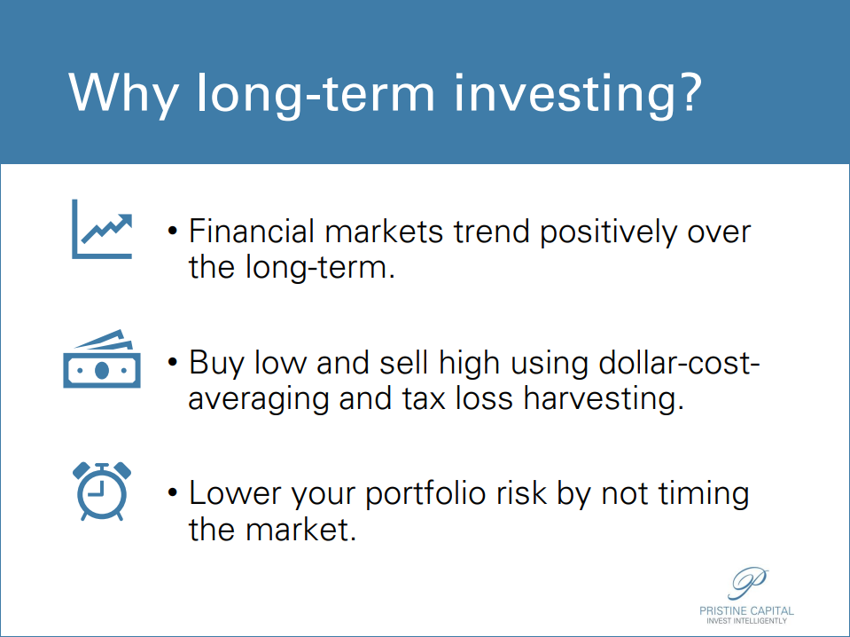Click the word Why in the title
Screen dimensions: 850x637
(123, 93)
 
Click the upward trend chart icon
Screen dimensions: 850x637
(102, 229)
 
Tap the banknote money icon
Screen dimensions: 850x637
(102, 358)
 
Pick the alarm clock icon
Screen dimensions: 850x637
(102, 491)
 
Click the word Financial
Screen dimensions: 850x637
(252, 232)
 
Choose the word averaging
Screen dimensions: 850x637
(258, 400)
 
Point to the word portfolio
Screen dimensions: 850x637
(425, 495)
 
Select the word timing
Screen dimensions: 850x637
(704, 495)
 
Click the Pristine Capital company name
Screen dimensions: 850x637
(746, 611)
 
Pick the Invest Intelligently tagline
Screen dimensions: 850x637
(746, 621)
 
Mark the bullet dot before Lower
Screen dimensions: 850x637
(172, 493)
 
